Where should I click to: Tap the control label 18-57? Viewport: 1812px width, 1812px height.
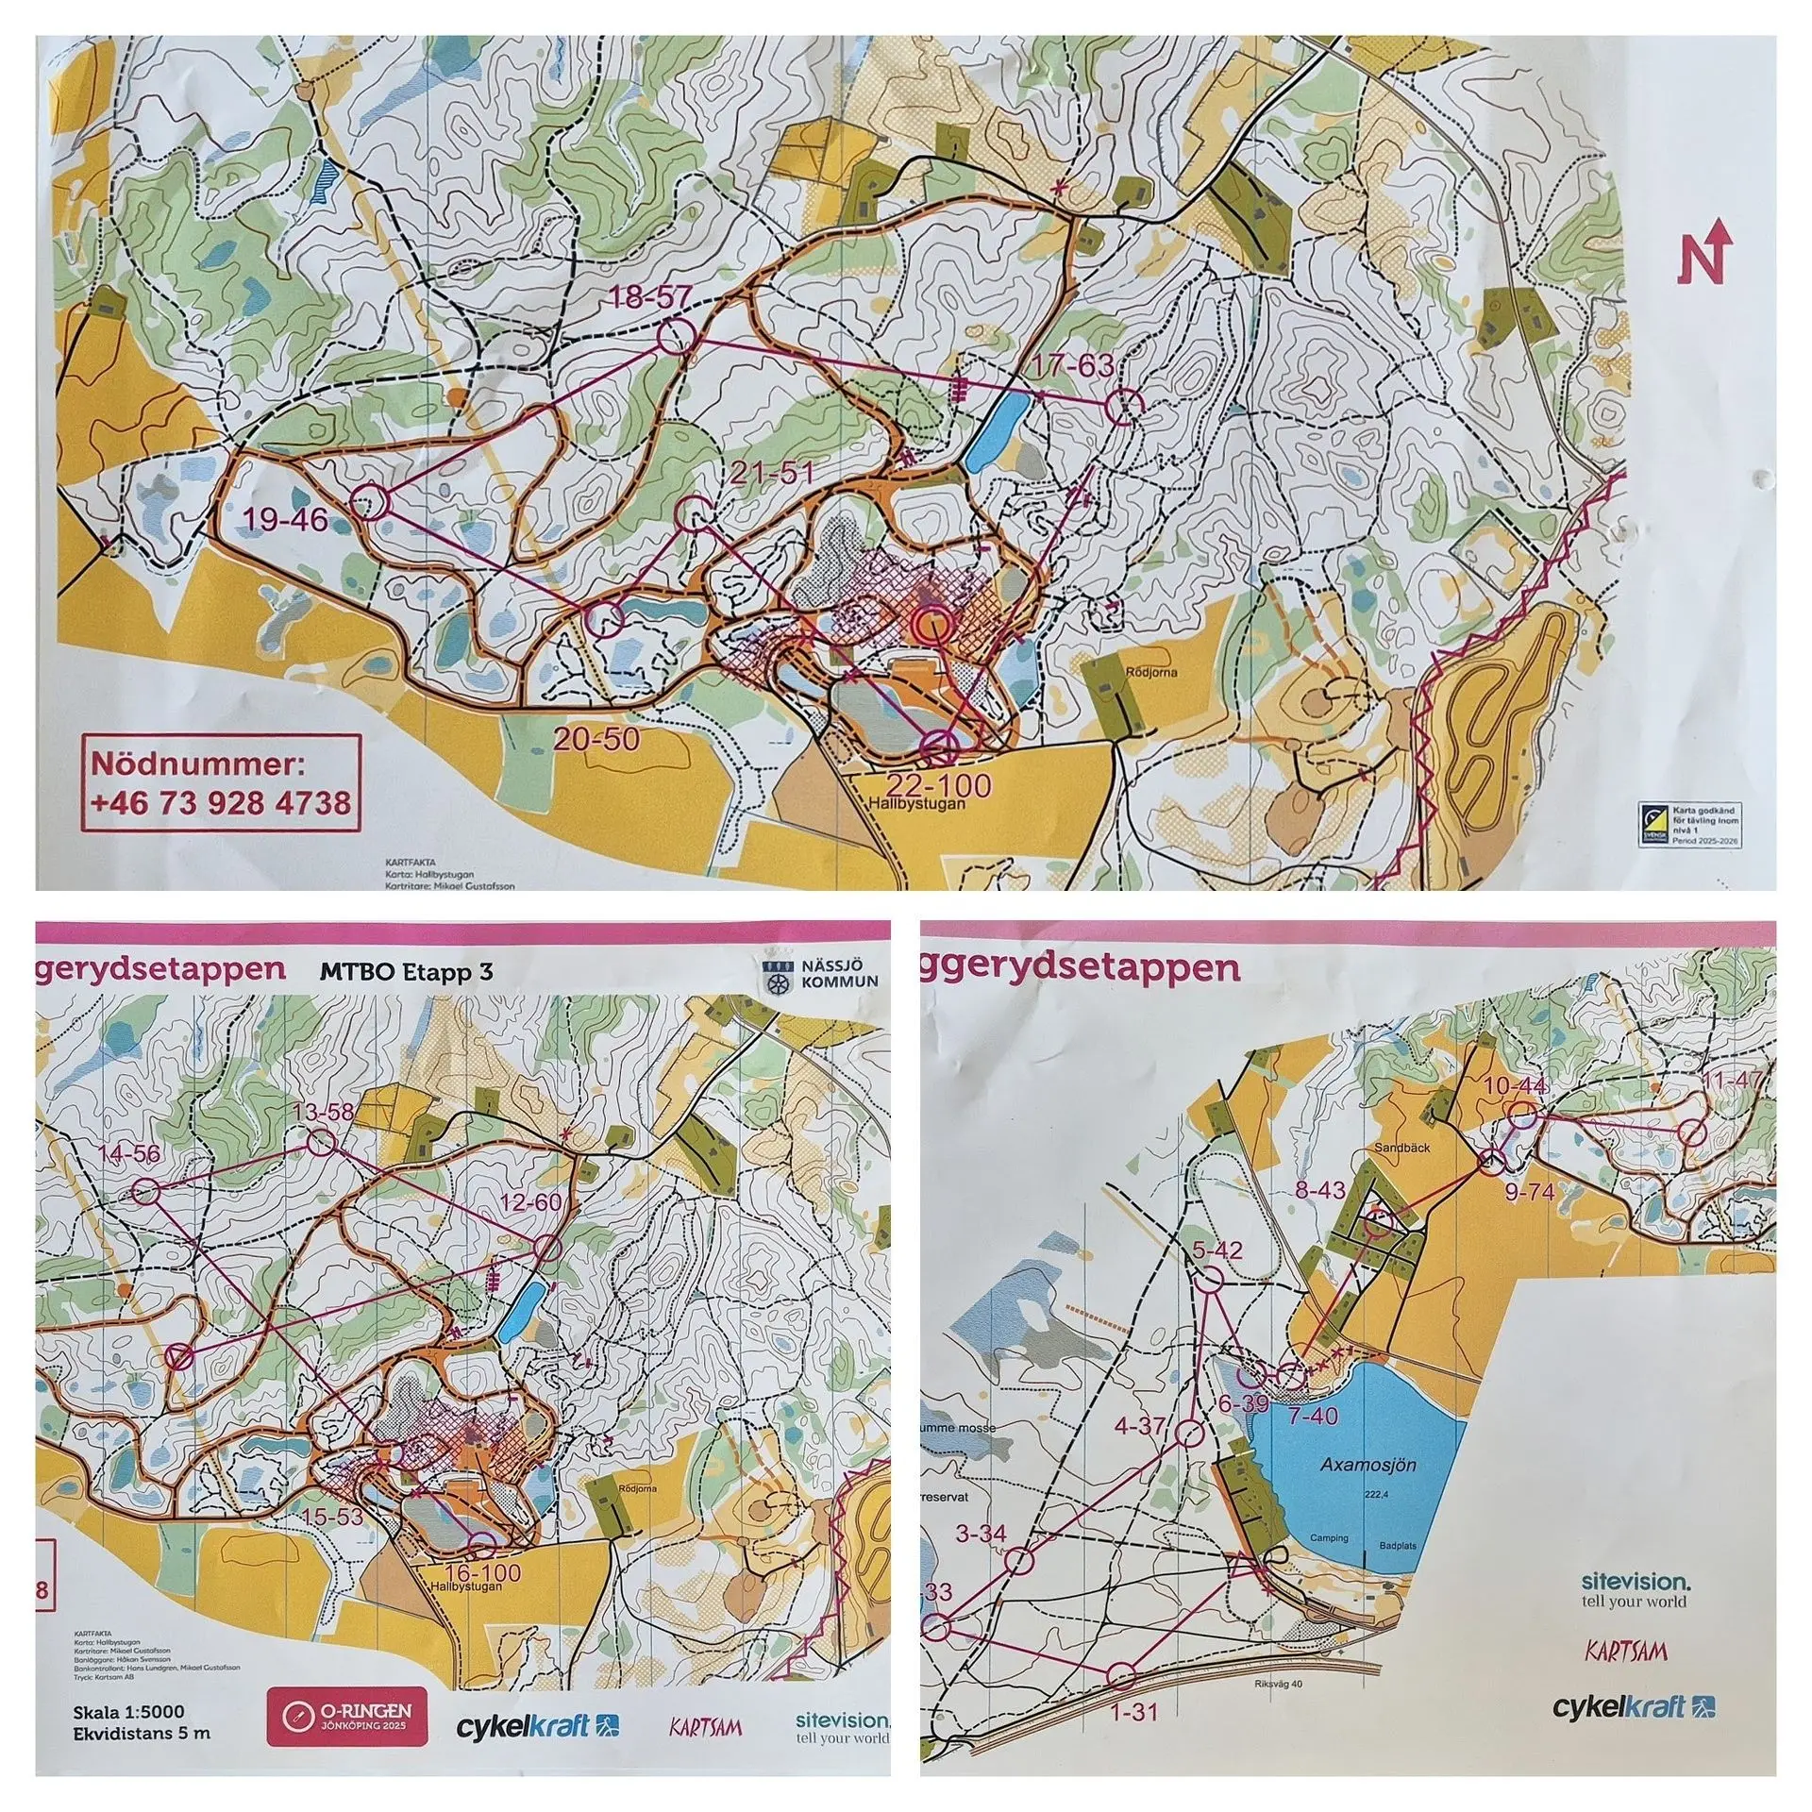tap(651, 297)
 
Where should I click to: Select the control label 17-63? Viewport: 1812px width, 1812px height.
tap(1073, 365)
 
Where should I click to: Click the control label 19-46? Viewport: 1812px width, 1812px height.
tap(285, 518)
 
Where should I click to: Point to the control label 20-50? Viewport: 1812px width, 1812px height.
tap(596, 739)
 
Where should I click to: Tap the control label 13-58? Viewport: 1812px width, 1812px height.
tap(323, 1111)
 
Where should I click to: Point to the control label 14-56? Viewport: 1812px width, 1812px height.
tap(130, 1154)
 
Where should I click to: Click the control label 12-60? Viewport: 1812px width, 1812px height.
tap(531, 1203)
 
